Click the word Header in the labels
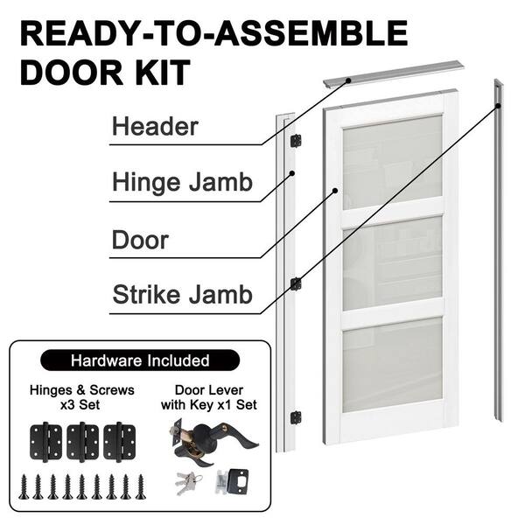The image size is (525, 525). coord(155,126)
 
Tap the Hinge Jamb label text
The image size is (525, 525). coord(182,182)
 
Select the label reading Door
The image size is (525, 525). coord(140,239)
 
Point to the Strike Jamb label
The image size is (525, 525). coord(182,295)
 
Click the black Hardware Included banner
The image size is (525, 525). coord(139,360)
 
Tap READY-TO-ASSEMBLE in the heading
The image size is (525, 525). coord(213,33)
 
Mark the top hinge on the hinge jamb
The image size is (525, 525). coord(296,140)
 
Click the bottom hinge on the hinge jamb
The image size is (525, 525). coord(296,417)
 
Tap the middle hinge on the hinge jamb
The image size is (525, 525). coord(296,283)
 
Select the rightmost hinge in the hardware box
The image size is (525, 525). coord(120,441)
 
